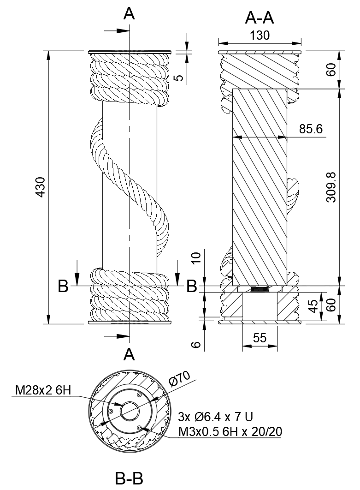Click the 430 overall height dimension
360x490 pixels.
click(x=41, y=187)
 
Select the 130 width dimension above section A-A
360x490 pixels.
click(x=260, y=36)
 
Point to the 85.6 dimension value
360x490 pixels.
click(x=311, y=129)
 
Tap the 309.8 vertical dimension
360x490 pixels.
click(x=331, y=187)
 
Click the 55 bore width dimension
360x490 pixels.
click(x=260, y=338)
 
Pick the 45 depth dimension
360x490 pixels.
click(x=315, y=306)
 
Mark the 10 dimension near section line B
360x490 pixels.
click(x=196, y=258)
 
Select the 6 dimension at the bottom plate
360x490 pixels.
click(x=195, y=344)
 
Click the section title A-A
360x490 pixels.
click(x=260, y=18)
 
